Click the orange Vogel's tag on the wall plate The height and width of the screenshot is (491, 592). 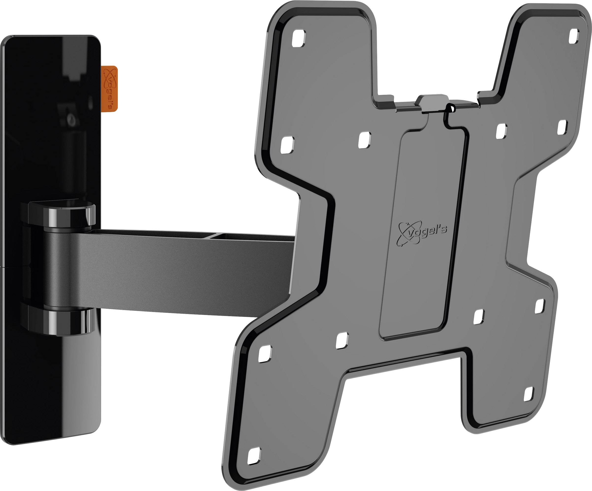pyautogui.click(x=109, y=88)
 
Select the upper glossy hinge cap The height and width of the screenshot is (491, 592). pyautogui.click(x=62, y=214)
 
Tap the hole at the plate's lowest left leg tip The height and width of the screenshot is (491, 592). pyautogui.click(x=254, y=456)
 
